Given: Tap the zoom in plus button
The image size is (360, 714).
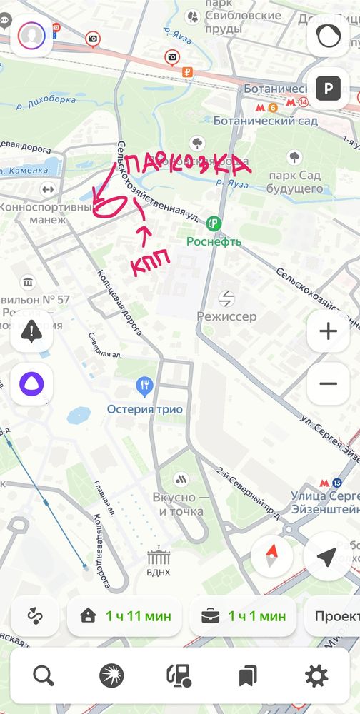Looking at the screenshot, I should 328,332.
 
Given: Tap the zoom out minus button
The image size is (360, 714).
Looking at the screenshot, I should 328,383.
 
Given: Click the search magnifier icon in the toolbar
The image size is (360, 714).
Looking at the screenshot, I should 44,675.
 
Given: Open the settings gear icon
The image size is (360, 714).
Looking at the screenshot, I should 316,675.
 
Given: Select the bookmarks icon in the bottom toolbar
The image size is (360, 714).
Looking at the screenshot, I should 248,675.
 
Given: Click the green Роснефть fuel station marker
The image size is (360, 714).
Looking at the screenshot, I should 213,224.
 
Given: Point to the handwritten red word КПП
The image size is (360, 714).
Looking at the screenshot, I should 150,266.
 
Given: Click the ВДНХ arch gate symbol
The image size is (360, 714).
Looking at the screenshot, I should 159,557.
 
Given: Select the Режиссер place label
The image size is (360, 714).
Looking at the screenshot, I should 227,316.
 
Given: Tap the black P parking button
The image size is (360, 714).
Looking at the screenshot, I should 328,89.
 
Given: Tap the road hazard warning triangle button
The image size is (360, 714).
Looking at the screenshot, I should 31,331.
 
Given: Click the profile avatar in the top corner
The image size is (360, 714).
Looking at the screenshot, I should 31,35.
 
